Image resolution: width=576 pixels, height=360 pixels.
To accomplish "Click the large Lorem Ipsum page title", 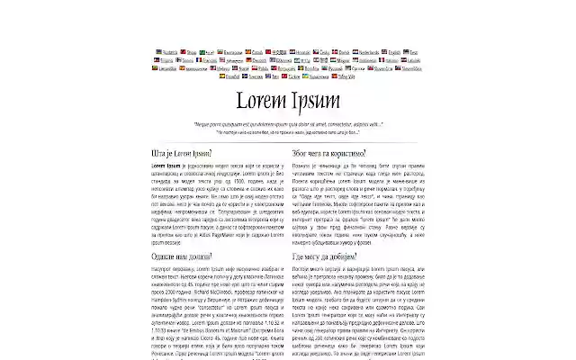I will pos(287,99).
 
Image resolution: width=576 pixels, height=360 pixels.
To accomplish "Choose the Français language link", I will pos(210,60).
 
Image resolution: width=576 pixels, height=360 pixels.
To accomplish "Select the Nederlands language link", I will pos(369,52).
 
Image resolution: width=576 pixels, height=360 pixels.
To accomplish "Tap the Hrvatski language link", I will pos(303,52).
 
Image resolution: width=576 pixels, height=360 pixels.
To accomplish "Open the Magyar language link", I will pos(344,60).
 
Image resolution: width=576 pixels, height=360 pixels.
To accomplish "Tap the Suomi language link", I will pos(188,60).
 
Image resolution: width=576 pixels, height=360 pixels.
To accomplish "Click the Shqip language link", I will pos(192,52).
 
